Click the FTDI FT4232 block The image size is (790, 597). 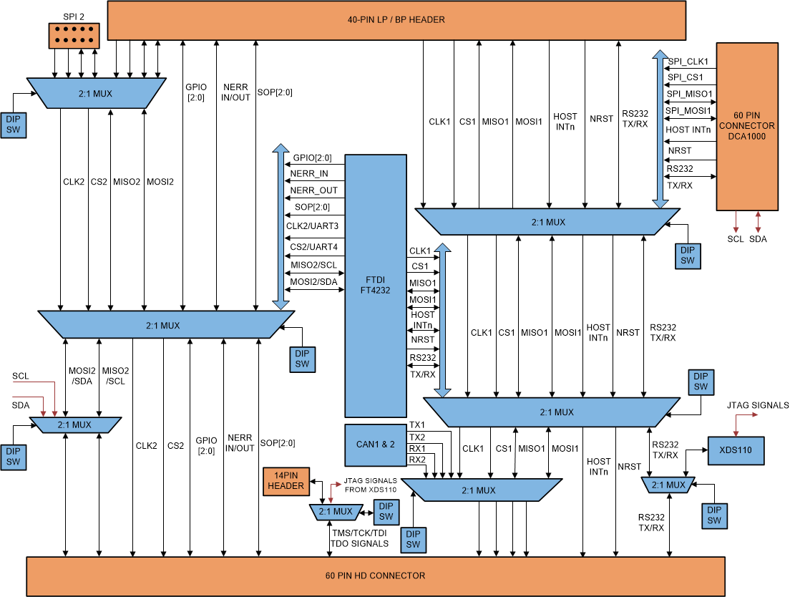point(375,285)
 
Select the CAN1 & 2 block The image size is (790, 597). point(375,444)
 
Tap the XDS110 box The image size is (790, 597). point(736,451)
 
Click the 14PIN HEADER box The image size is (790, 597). point(286,480)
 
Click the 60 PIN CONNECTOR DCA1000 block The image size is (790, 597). point(746,126)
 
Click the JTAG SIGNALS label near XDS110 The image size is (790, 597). point(757,405)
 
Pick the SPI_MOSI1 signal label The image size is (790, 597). point(688,111)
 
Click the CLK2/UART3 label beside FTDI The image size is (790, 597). point(312,226)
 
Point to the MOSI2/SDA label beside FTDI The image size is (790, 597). point(313,282)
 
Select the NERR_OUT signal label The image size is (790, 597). point(313,190)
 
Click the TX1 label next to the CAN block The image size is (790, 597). point(416,425)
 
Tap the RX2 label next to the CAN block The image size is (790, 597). point(416,460)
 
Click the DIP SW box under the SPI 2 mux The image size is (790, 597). point(14,124)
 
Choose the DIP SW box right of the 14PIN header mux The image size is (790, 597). point(386,511)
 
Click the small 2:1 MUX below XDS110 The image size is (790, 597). point(668,485)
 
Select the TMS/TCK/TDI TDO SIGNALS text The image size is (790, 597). point(359,538)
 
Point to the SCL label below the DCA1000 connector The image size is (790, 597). point(736,239)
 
